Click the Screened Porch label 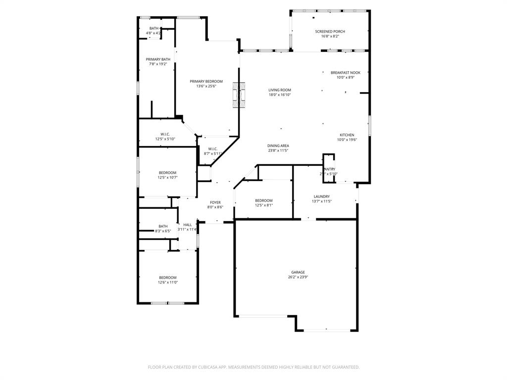point(330,32)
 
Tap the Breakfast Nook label point(345,73)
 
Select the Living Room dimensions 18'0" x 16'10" point(279,95)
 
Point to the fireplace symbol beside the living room point(239,95)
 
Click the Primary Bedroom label point(206,81)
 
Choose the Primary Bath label point(157,59)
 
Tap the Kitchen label point(347,135)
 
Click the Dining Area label point(278,146)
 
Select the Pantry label point(329,169)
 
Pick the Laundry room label point(321,196)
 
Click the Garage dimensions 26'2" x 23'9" point(298,277)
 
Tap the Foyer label point(215,202)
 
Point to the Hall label point(187,225)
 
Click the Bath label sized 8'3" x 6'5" point(163,226)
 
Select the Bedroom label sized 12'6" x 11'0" point(167,278)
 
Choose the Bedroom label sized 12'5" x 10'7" point(167,173)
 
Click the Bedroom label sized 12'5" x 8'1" point(263,200)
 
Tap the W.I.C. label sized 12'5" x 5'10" point(165,134)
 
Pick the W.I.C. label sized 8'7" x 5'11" point(212,149)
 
